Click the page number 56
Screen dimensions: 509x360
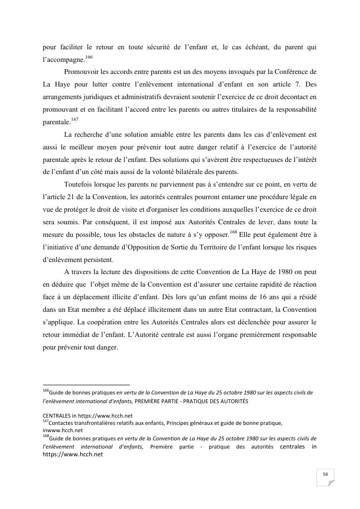point(326,474)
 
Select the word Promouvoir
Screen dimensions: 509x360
point(81,72)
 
